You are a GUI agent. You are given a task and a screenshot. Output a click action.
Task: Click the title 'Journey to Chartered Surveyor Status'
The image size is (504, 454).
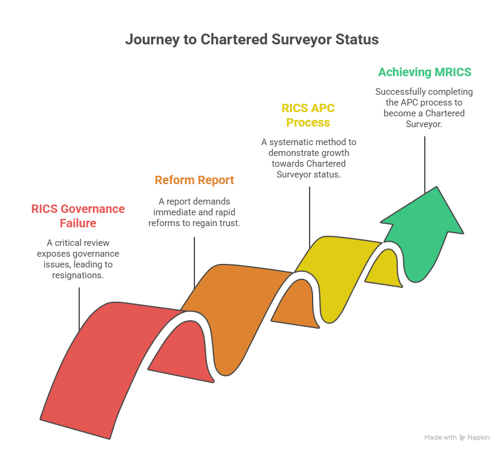[252, 40]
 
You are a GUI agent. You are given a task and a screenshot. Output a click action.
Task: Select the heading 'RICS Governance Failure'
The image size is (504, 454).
[78, 216]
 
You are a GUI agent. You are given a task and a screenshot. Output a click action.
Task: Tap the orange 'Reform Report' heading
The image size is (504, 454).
[194, 180]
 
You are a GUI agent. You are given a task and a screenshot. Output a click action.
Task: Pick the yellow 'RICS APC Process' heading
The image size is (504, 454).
[308, 115]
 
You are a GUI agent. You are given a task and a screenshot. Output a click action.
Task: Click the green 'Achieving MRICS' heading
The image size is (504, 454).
[424, 73]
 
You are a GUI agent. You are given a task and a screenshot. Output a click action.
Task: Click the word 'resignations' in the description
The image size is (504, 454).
[78, 275]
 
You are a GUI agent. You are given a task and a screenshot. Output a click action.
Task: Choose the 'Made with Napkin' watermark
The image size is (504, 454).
[457, 438]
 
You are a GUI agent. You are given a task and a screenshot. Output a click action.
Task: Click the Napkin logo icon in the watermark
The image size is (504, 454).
[463, 438]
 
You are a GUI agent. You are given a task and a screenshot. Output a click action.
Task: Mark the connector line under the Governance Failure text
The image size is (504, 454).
[79, 309]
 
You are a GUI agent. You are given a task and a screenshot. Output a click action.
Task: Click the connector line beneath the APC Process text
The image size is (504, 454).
[310, 216]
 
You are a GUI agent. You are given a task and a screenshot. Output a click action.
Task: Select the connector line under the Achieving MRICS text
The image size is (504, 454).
[425, 162]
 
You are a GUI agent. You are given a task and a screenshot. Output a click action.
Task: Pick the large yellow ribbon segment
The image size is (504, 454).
[336, 270]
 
